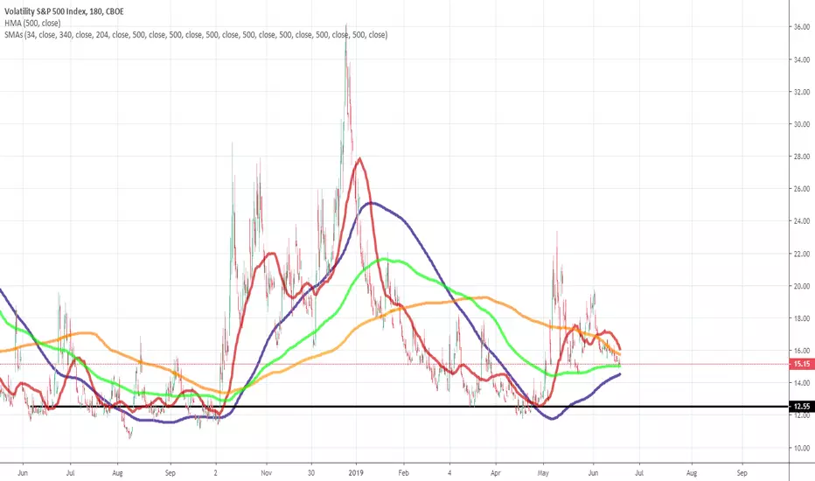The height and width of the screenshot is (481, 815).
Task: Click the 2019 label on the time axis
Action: coord(356,472)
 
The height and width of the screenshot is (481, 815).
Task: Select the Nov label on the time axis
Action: coord(266,472)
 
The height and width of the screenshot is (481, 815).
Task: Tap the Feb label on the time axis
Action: coord(403,472)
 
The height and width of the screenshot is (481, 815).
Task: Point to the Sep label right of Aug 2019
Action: coord(742,472)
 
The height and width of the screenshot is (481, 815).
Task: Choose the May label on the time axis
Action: coord(543,472)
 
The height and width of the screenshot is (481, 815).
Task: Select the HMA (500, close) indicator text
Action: coord(32,23)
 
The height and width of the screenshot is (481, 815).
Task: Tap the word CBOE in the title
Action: coord(115,11)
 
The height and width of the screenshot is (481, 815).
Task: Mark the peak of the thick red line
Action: coord(359,158)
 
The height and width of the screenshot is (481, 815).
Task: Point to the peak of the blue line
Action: coord(370,203)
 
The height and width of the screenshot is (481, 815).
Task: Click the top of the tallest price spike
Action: coord(346,24)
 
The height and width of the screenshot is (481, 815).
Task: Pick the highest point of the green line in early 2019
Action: coord(385,259)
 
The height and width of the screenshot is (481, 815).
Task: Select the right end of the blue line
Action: coord(620,374)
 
